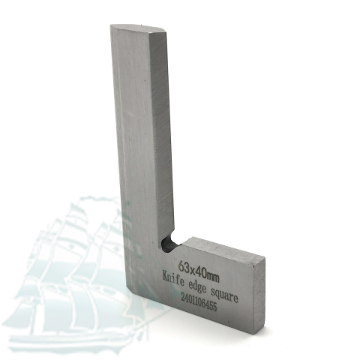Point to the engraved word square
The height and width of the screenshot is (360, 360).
pos(224,295)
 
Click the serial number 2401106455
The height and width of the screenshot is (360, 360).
pos(198,302)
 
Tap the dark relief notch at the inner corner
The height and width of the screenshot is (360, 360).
pos(169,243)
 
